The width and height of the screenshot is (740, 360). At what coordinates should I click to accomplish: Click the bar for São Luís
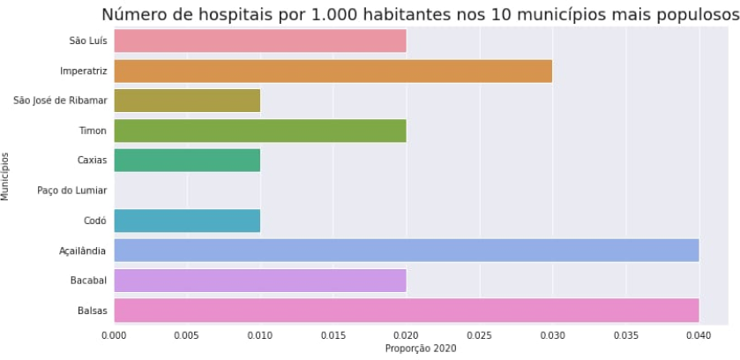point(260,41)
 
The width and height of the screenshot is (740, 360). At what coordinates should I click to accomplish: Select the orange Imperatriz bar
point(333,71)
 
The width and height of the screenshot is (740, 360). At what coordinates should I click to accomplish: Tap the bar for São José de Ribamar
point(187,101)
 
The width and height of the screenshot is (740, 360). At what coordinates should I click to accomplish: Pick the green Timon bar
point(260,131)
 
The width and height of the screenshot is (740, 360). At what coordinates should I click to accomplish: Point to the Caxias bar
point(187,161)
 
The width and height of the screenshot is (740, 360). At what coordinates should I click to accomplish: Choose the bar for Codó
point(187,221)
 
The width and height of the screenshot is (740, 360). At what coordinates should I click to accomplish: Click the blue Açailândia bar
point(407,251)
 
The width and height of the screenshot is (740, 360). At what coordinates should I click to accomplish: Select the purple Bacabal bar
point(260,281)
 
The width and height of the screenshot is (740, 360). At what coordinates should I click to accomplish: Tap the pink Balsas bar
point(407,311)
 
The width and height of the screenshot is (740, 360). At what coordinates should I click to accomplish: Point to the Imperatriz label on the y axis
point(84,71)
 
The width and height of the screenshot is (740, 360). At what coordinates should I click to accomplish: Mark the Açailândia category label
point(82,251)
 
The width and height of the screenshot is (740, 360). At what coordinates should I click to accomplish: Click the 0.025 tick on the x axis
point(480,336)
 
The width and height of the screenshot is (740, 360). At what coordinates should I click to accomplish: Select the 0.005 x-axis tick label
point(187,336)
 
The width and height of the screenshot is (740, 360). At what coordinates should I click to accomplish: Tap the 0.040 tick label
point(699,336)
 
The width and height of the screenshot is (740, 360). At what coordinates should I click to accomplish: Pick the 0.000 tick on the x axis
point(115,336)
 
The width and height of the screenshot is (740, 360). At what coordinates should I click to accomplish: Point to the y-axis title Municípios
point(6,176)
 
